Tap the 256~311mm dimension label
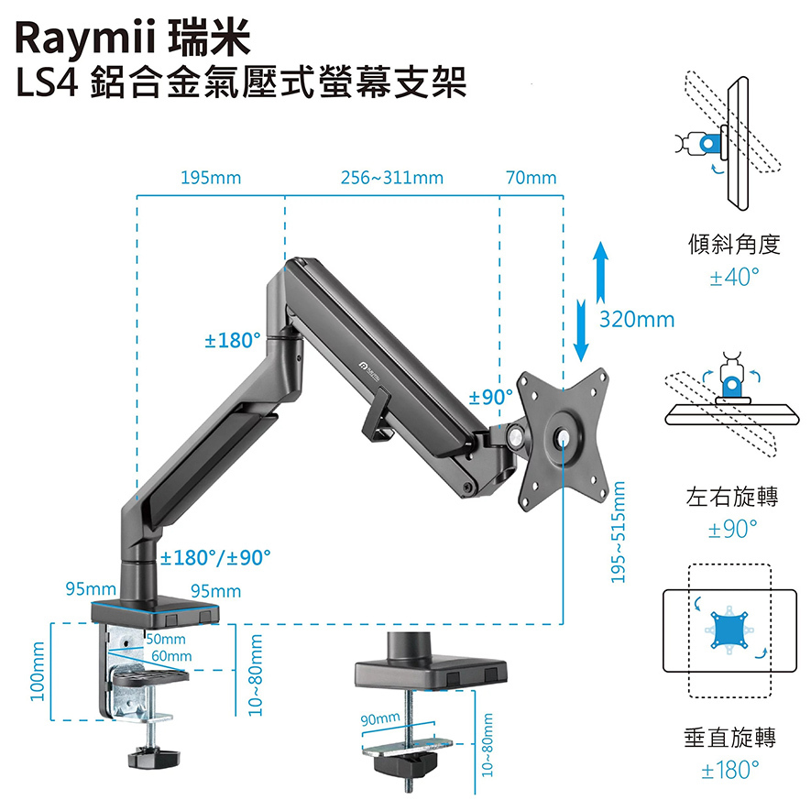(x=391, y=178)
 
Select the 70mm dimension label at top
(x=531, y=178)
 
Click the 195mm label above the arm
(x=212, y=178)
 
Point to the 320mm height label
(x=637, y=320)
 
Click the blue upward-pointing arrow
(x=598, y=271)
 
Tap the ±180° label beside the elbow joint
(x=232, y=341)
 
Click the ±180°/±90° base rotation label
(x=216, y=557)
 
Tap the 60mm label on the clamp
(x=171, y=656)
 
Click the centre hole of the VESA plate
(x=562, y=437)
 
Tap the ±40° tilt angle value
(x=734, y=277)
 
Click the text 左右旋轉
(x=732, y=499)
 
